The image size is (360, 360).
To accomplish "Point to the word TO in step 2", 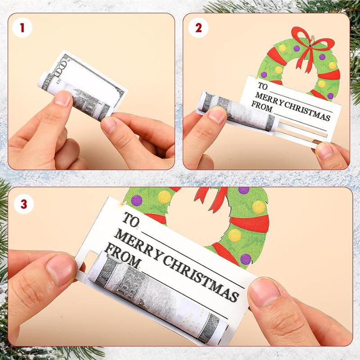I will click(x=262, y=86).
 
